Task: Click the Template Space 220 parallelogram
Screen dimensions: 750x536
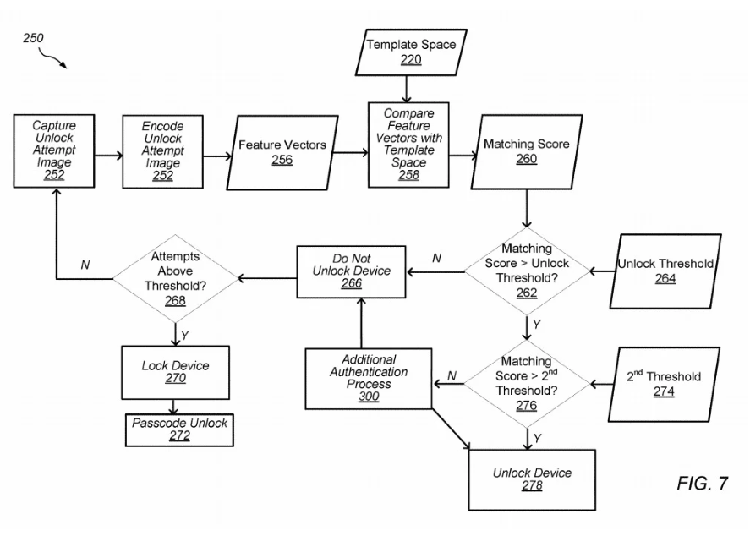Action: [411, 52]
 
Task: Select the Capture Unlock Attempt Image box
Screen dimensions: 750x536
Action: [54, 150]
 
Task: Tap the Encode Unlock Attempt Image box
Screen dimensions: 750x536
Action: [162, 151]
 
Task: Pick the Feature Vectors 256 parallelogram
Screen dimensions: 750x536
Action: [282, 152]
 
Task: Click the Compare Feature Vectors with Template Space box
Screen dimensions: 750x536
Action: [408, 145]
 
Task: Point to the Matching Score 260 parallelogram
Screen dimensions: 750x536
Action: [527, 151]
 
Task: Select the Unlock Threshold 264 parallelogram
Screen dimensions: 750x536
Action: [665, 271]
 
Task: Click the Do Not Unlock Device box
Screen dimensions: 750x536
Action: [351, 271]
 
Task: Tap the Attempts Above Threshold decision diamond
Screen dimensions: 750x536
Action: [176, 278]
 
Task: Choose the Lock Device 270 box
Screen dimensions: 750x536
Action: [176, 373]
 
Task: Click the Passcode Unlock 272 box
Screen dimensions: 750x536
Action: [179, 429]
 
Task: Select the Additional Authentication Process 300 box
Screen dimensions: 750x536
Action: [369, 378]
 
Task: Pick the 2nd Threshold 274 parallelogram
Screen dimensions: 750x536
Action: [664, 385]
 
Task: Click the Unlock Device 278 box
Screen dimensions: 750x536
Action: [532, 479]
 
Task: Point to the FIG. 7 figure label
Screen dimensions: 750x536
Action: [702, 484]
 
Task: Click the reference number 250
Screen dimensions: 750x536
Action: [33, 38]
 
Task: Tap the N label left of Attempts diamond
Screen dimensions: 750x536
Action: [85, 265]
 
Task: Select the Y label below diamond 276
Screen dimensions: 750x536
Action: [537, 438]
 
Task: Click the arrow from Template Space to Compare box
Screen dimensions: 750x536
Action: [406, 89]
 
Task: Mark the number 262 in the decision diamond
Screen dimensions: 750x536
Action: [527, 293]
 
